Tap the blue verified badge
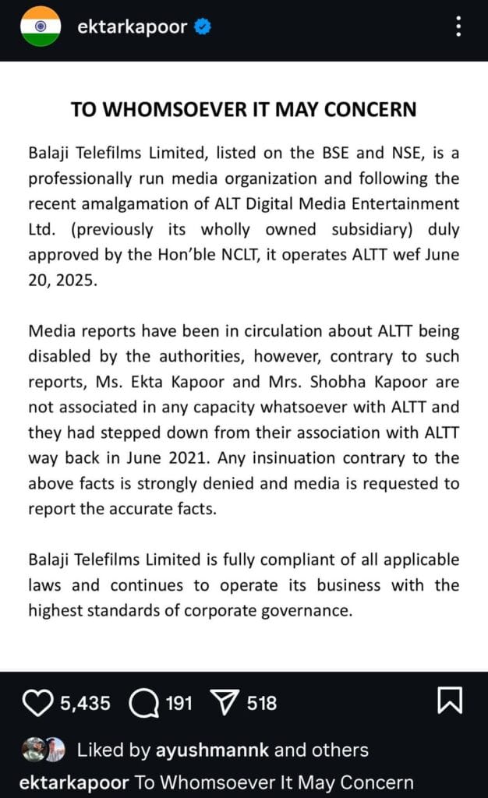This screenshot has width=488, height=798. [203, 27]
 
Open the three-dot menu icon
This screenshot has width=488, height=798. [458, 26]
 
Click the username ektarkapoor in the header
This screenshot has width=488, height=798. [133, 27]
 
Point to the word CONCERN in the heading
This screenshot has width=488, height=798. [374, 109]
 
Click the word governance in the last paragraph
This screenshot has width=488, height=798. [300, 611]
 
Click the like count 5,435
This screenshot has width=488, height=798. [85, 704]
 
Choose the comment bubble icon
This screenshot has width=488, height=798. [143, 704]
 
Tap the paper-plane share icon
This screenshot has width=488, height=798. [225, 704]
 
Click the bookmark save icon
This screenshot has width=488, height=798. [450, 701]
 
